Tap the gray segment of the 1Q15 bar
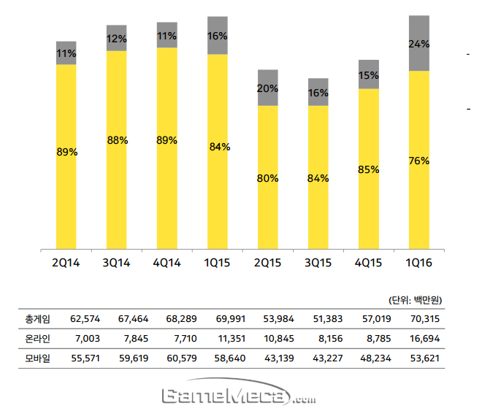[x=217, y=26]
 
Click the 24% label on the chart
[x=418, y=44]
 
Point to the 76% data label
[x=418, y=161]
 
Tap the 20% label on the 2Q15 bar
[x=267, y=88]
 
